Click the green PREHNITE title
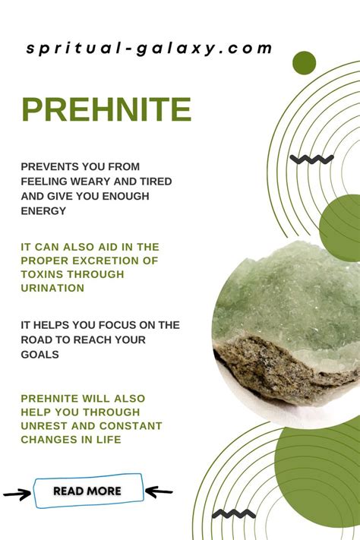[106, 109]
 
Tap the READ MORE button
[88, 491]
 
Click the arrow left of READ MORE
[17, 494]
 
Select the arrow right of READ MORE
[159, 491]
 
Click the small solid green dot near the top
[305, 63]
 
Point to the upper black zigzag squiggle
[311, 159]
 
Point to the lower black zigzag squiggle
[234, 514]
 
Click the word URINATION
[52, 288]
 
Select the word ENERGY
[43, 211]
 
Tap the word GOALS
[40, 355]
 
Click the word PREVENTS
[46, 166]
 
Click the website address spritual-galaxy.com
[149, 49]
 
